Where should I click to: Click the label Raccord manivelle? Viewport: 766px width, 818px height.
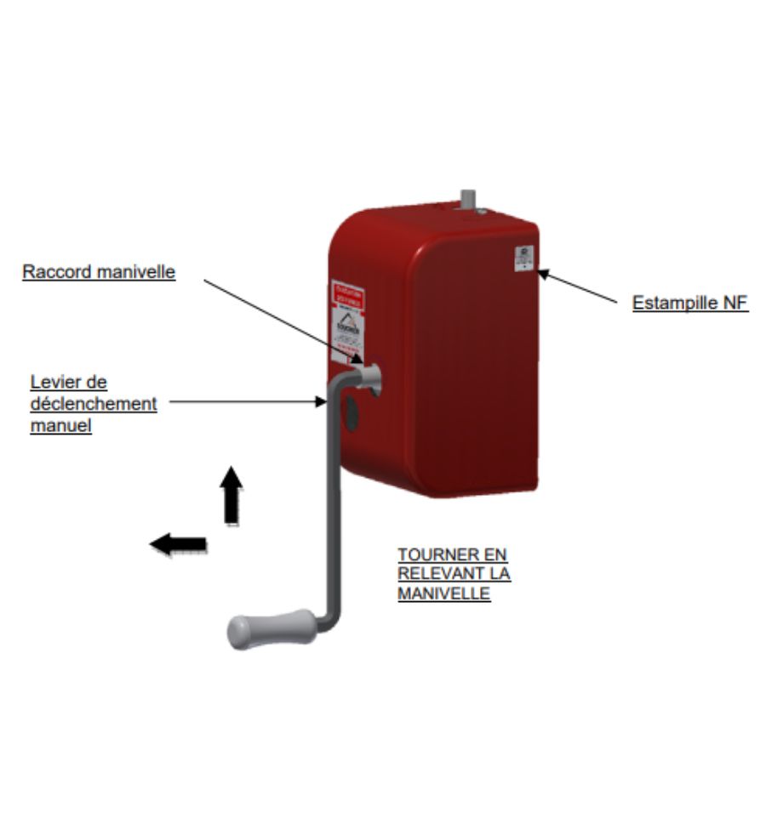(99, 272)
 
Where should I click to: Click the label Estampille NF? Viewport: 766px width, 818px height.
(690, 303)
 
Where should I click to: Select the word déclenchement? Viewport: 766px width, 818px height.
(94, 403)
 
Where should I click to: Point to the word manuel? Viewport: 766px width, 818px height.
(60, 424)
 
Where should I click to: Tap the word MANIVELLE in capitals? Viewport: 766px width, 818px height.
(443, 593)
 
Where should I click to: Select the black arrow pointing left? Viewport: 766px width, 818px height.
(178, 543)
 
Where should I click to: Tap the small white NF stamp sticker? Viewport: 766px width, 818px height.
(524, 258)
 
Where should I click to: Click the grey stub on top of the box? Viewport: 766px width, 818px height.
(467, 202)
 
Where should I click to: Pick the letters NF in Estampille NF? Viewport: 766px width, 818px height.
(737, 303)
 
